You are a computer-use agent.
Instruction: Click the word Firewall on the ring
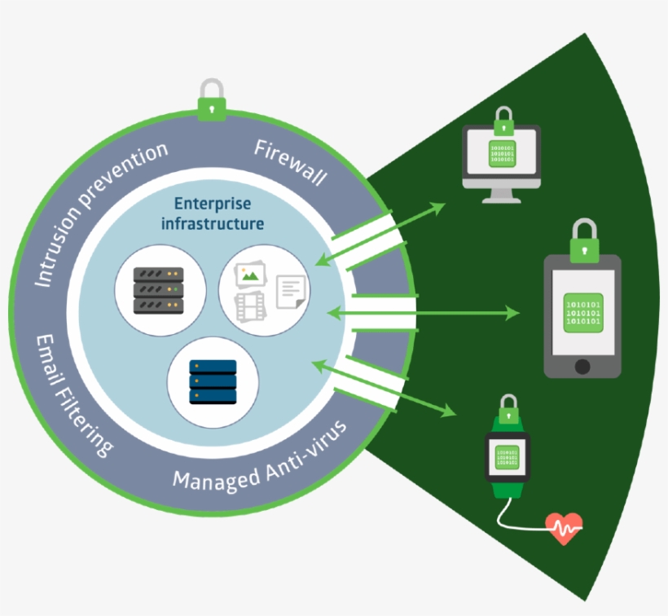290,162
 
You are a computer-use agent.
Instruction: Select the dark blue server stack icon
213,382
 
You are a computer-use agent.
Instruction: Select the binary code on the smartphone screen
582,313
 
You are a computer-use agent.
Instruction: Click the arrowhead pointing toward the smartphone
512,313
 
